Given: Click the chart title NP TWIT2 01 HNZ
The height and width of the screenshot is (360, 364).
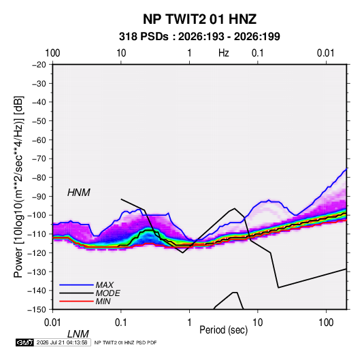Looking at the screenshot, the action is coord(199,19).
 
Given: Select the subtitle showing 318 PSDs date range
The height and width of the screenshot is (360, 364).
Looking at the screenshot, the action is coord(199,37).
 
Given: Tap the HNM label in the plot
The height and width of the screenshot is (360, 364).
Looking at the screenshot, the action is coord(79,193).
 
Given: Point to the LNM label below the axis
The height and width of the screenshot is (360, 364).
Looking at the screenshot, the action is coord(78,334).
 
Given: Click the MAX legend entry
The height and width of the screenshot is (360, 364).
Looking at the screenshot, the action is coord(105,284).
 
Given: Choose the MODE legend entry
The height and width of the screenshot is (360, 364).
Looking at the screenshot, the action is coord(108,293).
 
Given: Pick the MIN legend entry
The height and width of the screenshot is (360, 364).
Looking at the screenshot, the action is coord(103,301).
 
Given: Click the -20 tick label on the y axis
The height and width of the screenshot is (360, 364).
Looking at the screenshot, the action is coord(39,65).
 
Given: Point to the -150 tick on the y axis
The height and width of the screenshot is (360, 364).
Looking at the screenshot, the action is coord(37,310).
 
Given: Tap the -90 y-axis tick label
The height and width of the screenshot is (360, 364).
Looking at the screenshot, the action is coord(39,197).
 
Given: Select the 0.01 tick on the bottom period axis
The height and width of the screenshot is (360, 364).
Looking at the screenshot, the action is coord(52,323).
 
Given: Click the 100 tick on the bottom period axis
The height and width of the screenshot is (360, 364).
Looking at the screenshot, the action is coord(326,323).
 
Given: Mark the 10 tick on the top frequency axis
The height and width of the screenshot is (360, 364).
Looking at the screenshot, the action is coord(121,53).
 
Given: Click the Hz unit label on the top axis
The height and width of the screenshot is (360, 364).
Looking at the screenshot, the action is coord(224,53).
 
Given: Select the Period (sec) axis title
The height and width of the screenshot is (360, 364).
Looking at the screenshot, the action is coord(224,330).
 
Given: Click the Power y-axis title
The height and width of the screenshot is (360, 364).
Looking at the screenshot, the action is coord(18,186).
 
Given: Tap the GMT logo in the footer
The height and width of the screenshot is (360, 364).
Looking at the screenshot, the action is coord(24,342).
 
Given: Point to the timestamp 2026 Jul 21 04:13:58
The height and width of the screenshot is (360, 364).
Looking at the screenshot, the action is coord(62,342).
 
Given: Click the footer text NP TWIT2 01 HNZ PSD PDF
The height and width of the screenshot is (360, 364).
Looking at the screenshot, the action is coord(126,342).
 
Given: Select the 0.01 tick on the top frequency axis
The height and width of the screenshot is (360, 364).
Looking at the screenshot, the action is coord(325,53).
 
